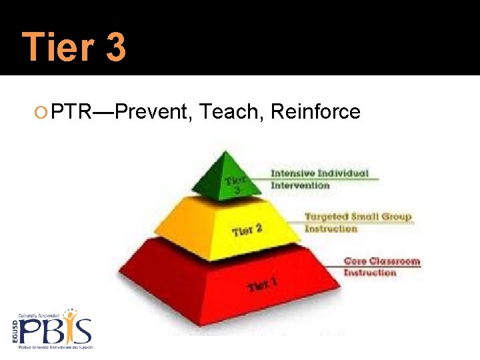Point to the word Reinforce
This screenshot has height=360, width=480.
[315, 112]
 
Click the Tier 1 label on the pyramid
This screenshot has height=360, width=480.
[263, 285]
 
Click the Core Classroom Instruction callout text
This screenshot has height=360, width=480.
[381, 267]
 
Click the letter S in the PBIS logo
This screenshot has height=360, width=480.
[83, 331]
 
